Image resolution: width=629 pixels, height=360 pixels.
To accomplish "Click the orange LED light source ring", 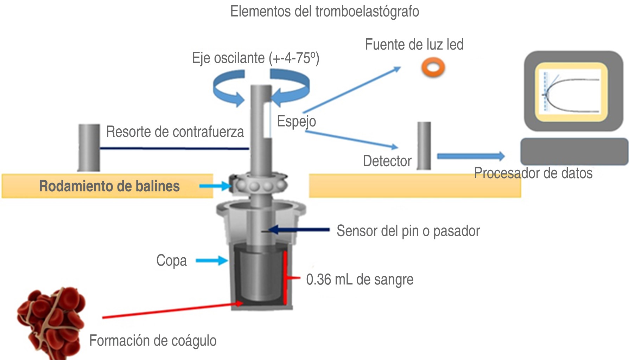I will coord(433,67).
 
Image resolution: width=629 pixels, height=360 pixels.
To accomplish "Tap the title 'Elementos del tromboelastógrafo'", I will coord(324,11).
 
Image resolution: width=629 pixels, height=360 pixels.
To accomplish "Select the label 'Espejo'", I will coord(296,121).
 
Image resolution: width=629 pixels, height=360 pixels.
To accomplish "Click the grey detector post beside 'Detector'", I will coord(424,146).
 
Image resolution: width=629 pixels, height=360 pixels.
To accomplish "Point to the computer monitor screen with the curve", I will coord(572,92).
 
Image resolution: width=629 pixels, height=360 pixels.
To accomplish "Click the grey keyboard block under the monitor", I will coord(574,151).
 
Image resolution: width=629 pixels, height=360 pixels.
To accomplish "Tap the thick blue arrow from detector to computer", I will coord(471,156).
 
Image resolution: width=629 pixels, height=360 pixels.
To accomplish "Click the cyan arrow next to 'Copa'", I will coord(212,261).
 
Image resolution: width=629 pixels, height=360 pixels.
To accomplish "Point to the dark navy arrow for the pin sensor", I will coord(299,230).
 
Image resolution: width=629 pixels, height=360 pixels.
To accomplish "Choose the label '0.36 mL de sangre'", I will coord(360,279).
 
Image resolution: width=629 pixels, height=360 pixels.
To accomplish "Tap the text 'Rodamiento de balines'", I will coord(109,186).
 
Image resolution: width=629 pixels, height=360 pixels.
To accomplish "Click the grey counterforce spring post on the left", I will coord(89,147).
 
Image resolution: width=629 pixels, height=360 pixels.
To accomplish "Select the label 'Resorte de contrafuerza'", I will coord(175,132).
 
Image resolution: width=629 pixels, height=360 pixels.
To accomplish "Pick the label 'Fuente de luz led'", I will coord(414,45).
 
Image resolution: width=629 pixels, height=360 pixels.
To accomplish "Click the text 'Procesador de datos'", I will coord(533,173).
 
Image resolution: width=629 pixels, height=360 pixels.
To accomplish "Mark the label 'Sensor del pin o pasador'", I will coord(408,231).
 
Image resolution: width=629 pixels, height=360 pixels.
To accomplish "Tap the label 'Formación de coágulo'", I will coord(153,341).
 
